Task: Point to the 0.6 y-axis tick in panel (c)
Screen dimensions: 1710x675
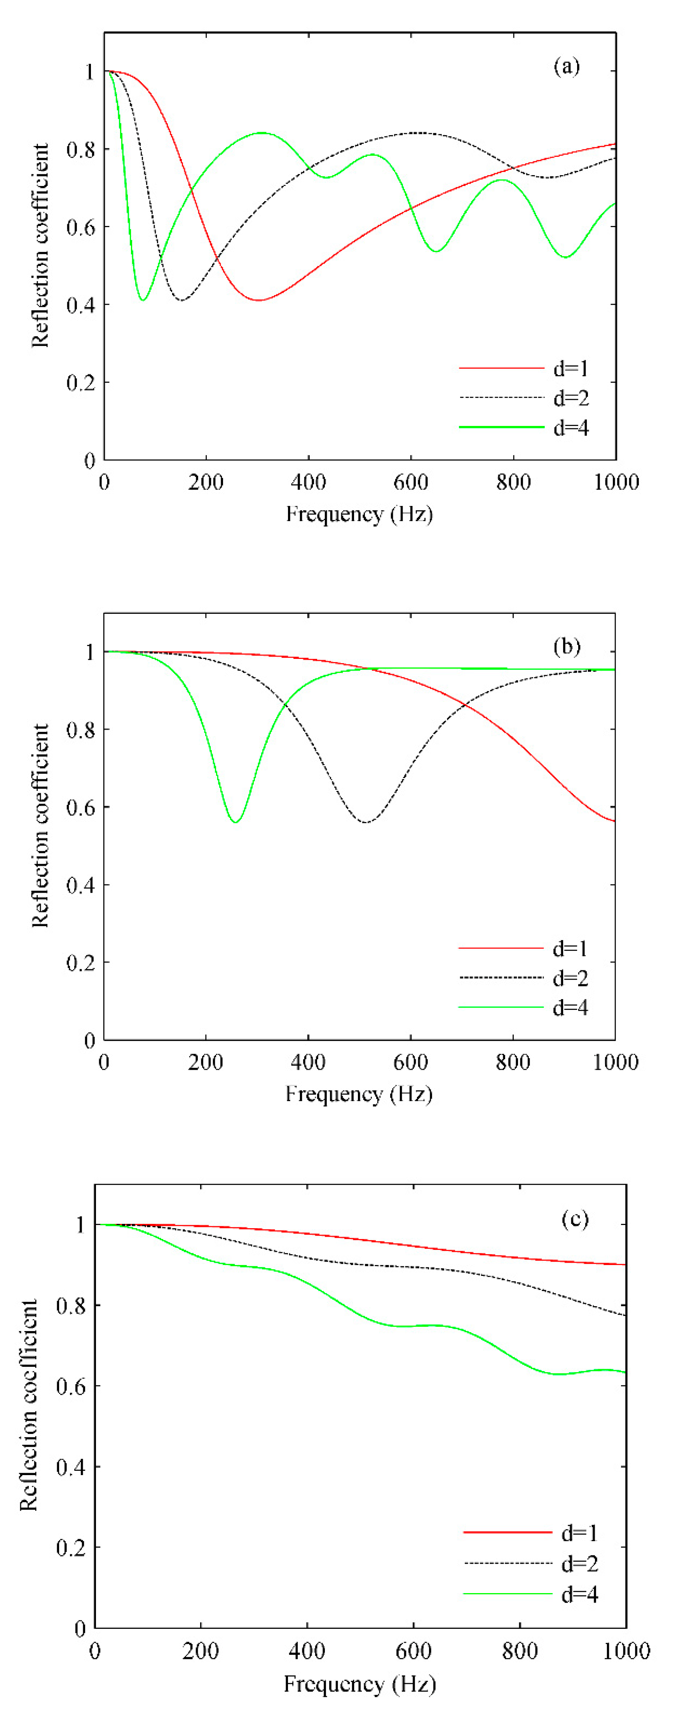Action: coord(70,1387)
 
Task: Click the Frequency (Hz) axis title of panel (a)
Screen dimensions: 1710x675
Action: coord(359,514)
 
